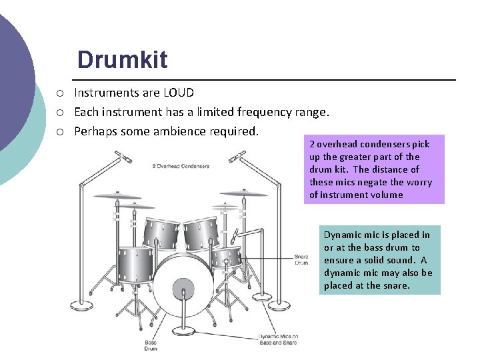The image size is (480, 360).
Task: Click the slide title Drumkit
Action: pyautogui.click(x=122, y=60)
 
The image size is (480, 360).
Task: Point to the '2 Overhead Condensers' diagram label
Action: pyautogui.click(x=181, y=166)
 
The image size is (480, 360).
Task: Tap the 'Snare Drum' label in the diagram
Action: pyautogui.click(x=301, y=259)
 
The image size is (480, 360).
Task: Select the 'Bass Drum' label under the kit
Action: pyautogui.click(x=151, y=345)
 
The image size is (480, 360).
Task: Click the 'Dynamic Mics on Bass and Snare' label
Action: pyautogui.click(x=278, y=340)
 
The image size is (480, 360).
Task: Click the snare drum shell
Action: pyautogui.click(x=227, y=257)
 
